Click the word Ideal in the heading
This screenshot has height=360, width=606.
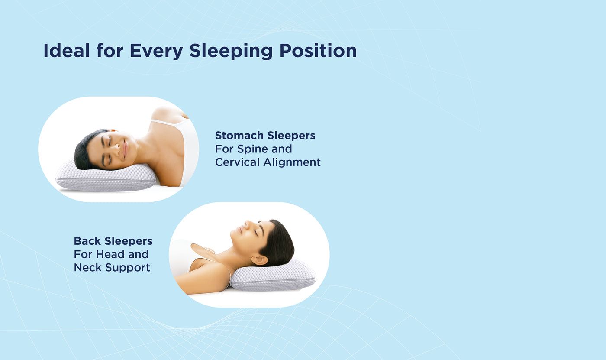67,51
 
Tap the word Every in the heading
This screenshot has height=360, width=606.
156,52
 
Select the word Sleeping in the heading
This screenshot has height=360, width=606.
231,52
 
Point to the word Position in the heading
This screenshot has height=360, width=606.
318,51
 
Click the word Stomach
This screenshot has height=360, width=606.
239,136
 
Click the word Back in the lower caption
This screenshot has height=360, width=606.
87,241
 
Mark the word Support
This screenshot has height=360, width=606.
127,268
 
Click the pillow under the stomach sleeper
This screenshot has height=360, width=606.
106,177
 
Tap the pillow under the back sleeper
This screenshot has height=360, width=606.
273,276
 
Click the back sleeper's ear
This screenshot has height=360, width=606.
259,260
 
